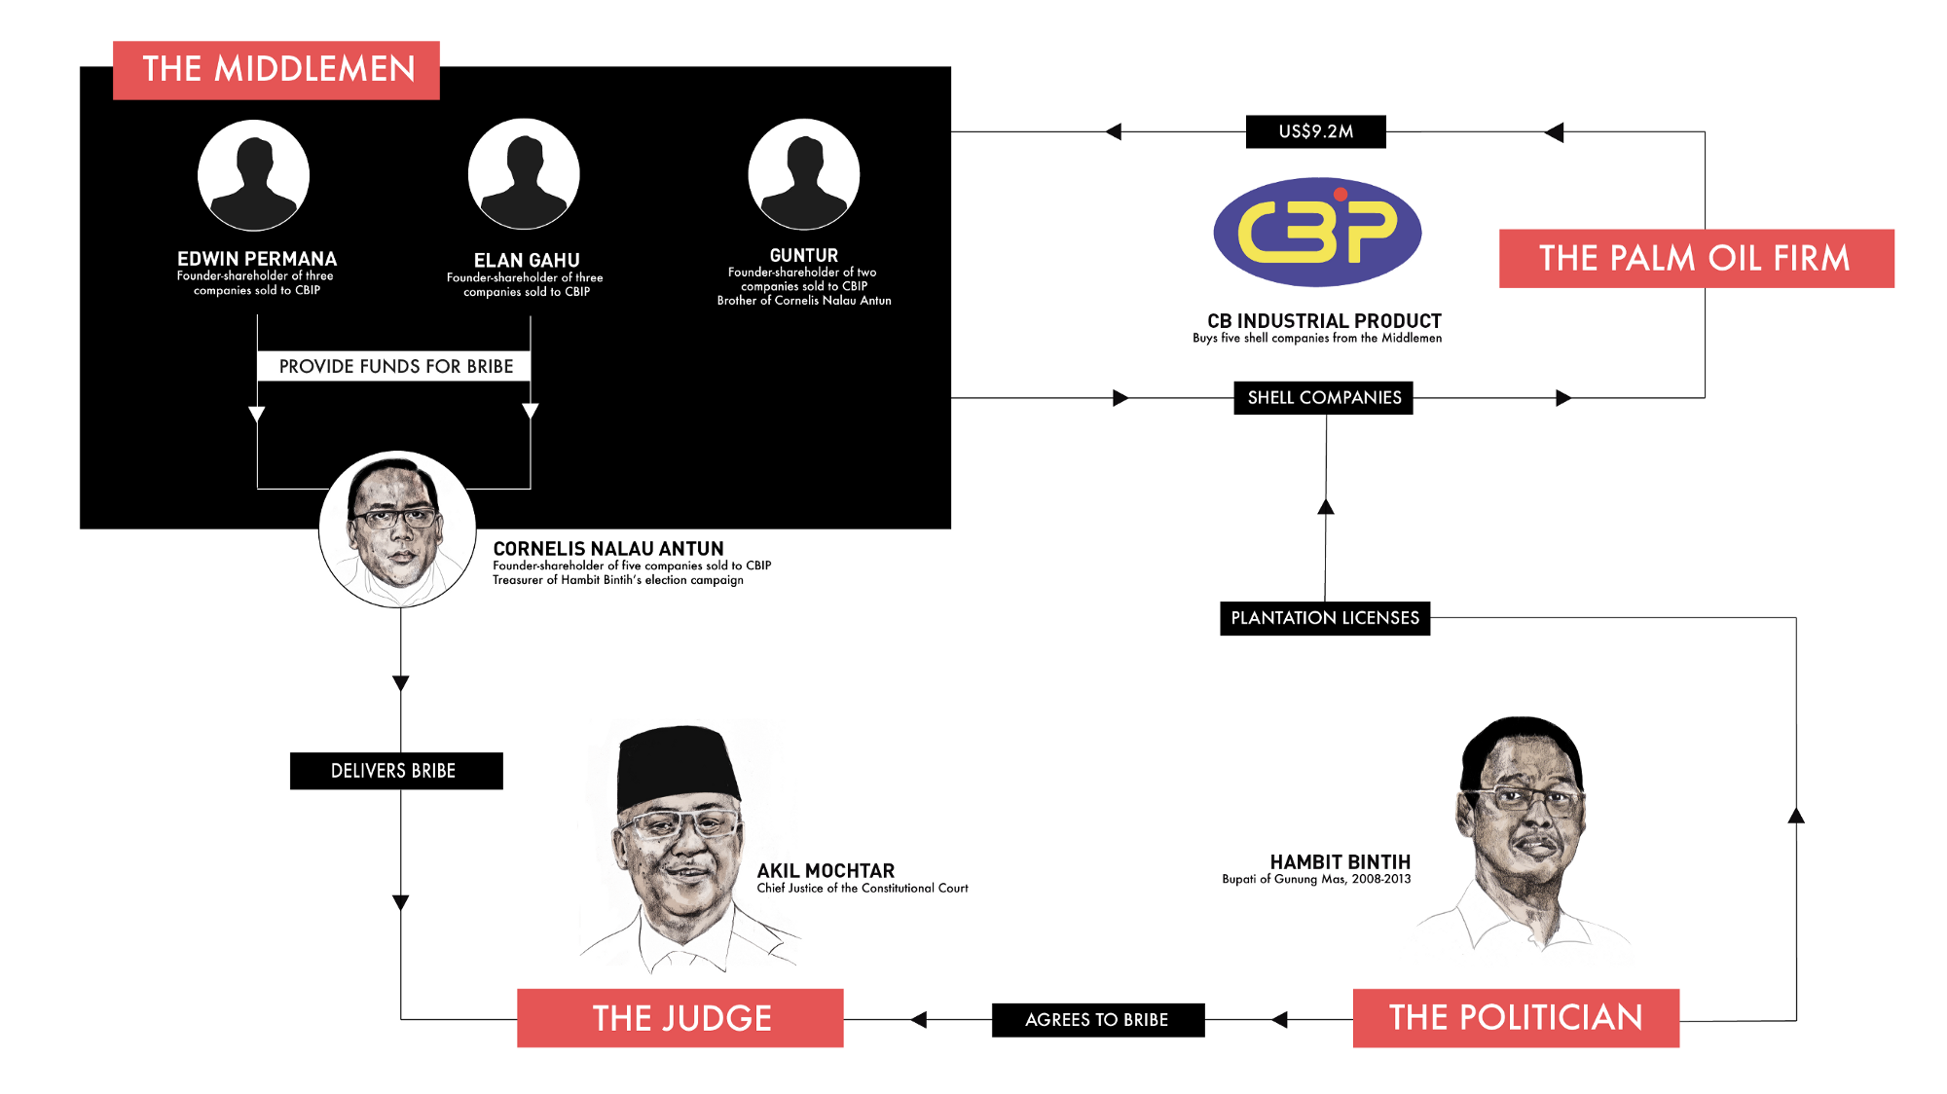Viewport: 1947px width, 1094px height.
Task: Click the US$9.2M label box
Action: click(x=1315, y=131)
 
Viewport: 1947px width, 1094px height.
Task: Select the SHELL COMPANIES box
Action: click(x=1323, y=397)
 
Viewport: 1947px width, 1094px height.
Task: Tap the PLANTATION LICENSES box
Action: click(x=1325, y=618)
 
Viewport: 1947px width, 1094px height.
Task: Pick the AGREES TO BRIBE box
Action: click(x=1098, y=1020)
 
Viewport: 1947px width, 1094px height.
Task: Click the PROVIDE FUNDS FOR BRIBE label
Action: click(x=394, y=366)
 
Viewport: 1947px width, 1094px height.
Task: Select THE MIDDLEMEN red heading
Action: click(x=276, y=70)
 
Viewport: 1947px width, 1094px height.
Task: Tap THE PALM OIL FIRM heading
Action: click(x=1696, y=259)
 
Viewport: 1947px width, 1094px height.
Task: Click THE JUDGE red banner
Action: click(x=680, y=1018)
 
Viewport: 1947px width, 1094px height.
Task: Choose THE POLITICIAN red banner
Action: click(x=1516, y=1018)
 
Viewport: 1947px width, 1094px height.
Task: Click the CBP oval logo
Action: click(x=1317, y=232)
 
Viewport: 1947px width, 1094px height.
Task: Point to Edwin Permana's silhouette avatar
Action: click(x=254, y=175)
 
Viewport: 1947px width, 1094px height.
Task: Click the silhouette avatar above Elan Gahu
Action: click(x=524, y=174)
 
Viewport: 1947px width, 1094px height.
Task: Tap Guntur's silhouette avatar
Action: click(x=804, y=174)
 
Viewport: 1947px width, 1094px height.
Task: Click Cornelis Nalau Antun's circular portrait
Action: click(x=397, y=529)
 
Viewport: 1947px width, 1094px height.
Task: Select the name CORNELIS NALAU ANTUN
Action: click(x=608, y=549)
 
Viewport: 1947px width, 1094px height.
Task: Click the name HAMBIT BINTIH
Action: click(x=1341, y=862)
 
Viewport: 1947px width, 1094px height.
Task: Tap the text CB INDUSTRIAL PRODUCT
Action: click(x=1324, y=321)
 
